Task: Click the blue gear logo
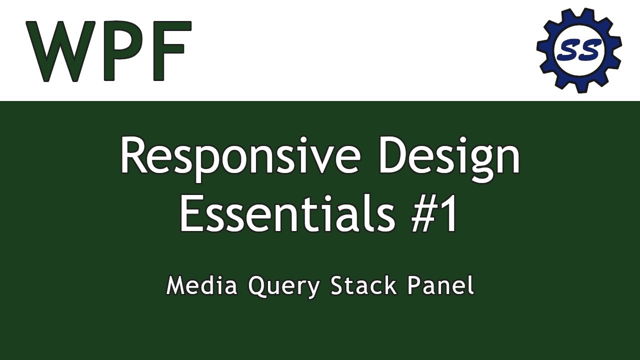point(579,50)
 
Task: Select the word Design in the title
point(449,156)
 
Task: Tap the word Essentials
point(285,214)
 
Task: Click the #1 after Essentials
point(434,214)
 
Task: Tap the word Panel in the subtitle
point(440,286)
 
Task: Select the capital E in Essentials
point(191,214)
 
